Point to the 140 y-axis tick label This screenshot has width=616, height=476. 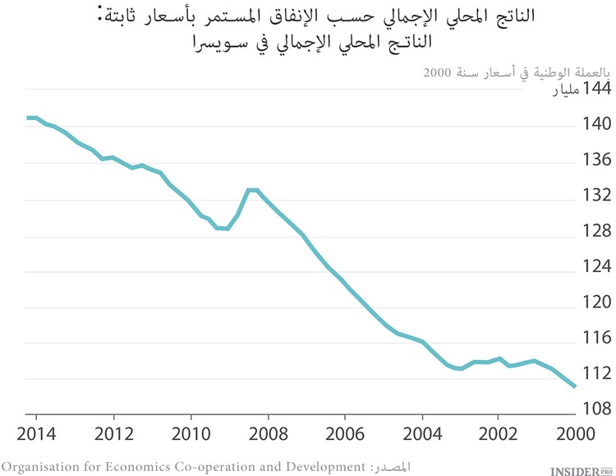[x=596, y=125]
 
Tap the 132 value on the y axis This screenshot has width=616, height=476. [x=596, y=196]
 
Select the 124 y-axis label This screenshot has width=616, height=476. [x=596, y=266]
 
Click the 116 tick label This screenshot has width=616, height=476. [x=596, y=337]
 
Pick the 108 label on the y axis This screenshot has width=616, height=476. [x=596, y=408]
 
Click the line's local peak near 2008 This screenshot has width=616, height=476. [x=251, y=190]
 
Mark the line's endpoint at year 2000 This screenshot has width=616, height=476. [x=575, y=386]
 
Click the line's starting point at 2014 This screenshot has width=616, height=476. [x=28, y=118]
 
